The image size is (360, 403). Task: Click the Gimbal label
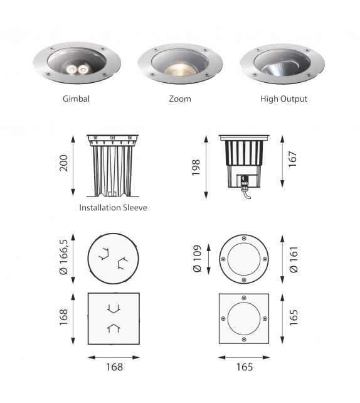[76, 99]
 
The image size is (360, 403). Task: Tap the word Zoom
[180, 99]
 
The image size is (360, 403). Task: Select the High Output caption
[283, 99]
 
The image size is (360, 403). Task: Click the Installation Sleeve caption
[113, 207]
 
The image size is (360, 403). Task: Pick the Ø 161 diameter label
[292, 259]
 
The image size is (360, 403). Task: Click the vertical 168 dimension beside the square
[63, 318]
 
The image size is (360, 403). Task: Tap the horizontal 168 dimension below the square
[114, 367]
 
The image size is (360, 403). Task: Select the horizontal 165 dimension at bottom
[244, 367]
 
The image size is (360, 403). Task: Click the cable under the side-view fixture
[246, 195]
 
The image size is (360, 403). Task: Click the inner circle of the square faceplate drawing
[244, 318]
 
